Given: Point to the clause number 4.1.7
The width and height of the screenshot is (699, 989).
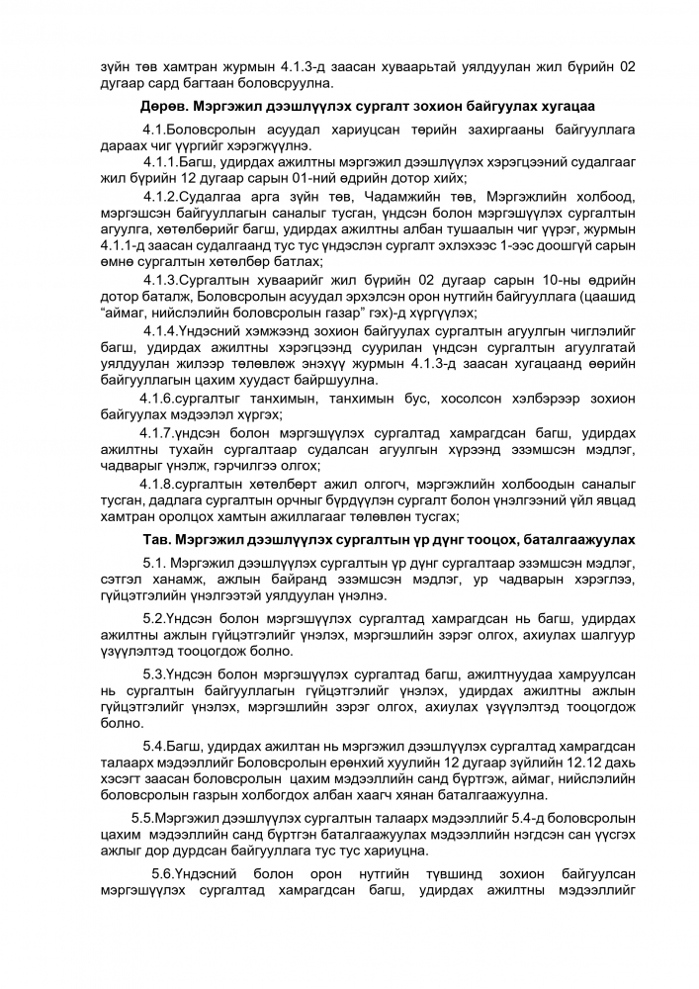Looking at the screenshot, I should [163, 434].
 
